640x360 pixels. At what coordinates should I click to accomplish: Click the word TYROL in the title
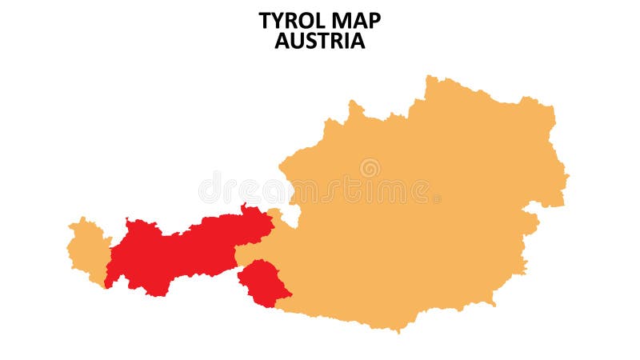(291, 21)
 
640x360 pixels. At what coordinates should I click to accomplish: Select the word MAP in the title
(355, 21)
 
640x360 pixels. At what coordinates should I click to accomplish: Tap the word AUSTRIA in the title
(320, 42)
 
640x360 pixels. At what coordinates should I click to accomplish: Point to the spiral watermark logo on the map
(370, 168)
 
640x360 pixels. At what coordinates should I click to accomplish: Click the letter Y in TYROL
(277, 21)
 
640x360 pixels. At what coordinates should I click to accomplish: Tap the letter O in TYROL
(305, 21)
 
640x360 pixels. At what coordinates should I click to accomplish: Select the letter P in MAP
(374, 21)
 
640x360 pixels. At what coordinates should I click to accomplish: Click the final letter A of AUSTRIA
(357, 42)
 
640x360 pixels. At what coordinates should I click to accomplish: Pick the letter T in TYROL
(265, 21)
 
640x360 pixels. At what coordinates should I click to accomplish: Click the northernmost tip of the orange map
(430, 77)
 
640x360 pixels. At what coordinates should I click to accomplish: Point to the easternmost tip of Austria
(568, 174)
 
